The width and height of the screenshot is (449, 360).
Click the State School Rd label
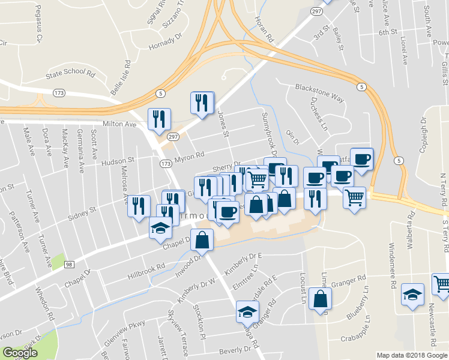[71, 76]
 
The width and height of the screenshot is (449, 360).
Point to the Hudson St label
[118, 161]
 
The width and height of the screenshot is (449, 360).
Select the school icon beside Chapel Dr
[161, 228]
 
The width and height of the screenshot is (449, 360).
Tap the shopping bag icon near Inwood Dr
[202, 240]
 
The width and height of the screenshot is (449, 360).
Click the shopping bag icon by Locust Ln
[320, 299]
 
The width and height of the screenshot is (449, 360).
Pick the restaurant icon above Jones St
[202, 102]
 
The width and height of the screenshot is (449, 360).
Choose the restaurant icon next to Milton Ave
[159, 119]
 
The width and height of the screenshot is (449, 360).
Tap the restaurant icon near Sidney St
[139, 206]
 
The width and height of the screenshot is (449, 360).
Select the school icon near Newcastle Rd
[412, 295]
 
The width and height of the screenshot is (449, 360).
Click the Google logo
[20, 353]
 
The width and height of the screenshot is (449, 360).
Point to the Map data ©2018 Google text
[411, 355]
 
